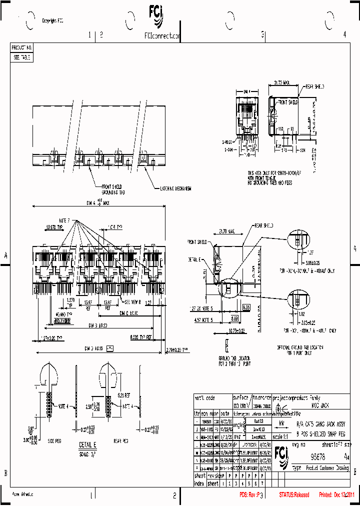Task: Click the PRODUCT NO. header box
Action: point(22,47)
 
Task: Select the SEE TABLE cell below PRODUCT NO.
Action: point(22,57)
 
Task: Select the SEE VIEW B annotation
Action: point(133,302)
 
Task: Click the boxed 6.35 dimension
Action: point(246,308)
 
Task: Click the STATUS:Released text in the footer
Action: point(294,495)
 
